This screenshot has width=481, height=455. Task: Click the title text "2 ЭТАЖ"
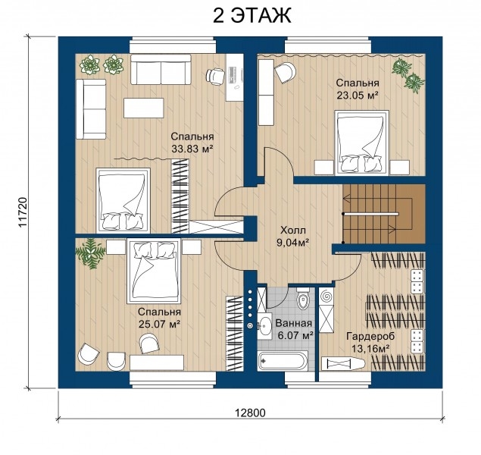[251, 16]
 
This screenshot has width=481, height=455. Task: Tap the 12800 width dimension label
[250, 413]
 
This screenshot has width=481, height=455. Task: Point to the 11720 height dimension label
[23, 212]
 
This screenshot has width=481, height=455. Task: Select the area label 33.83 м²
[192, 149]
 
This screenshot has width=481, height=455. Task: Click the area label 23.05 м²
[357, 96]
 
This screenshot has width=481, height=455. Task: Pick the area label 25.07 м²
[159, 325]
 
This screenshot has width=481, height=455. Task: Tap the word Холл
[293, 230]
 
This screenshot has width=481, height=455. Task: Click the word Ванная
[294, 323]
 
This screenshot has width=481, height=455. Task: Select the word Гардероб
[370, 336]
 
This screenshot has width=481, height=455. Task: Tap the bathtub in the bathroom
[282, 362]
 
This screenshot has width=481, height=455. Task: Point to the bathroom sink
[264, 326]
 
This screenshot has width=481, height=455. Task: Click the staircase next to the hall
[384, 213]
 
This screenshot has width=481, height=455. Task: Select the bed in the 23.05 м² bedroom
[362, 143]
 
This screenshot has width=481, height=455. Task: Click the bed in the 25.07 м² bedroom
[154, 270]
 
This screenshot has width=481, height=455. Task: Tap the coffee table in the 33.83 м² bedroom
[144, 108]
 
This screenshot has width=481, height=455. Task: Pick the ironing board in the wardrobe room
[343, 364]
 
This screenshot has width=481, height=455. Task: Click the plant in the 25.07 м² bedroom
[90, 253]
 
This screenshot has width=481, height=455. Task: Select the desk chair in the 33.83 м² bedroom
[215, 76]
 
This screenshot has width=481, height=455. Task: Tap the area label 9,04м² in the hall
[293, 243]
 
